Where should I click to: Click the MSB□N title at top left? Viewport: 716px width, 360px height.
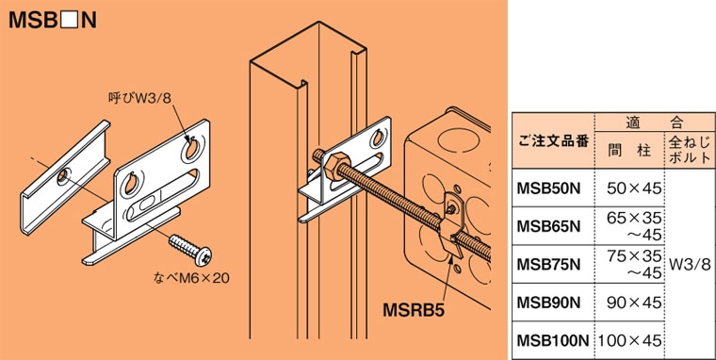[x=51, y=19]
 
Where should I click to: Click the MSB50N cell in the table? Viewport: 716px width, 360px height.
[x=548, y=188]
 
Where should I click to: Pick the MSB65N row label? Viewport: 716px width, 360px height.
[x=548, y=224]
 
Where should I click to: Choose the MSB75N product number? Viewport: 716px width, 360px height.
[x=548, y=262]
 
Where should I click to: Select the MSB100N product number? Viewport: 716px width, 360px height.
[x=552, y=337]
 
